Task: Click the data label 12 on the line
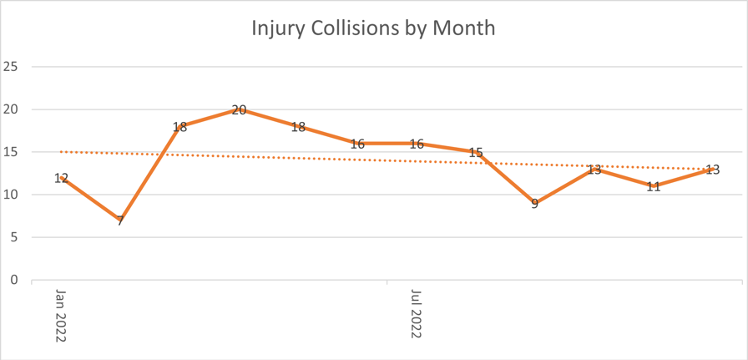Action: pyautogui.click(x=61, y=178)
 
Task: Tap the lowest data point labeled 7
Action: pyautogui.click(x=120, y=221)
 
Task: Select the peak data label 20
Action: pyautogui.click(x=239, y=109)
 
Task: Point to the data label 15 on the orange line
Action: pyautogui.click(x=476, y=153)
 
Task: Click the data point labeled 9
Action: pyautogui.click(x=535, y=204)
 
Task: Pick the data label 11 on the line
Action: pyautogui.click(x=654, y=186)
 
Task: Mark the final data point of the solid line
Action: pyautogui.click(x=712, y=170)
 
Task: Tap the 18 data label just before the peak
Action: pyautogui.click(x=179, y=127)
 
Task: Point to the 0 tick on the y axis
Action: pyautogui.click(x=13, y=281)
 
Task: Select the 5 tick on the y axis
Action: pyautogui.click(x=13, y=238)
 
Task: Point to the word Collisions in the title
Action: pyautogui.click(x=364, y=28)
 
